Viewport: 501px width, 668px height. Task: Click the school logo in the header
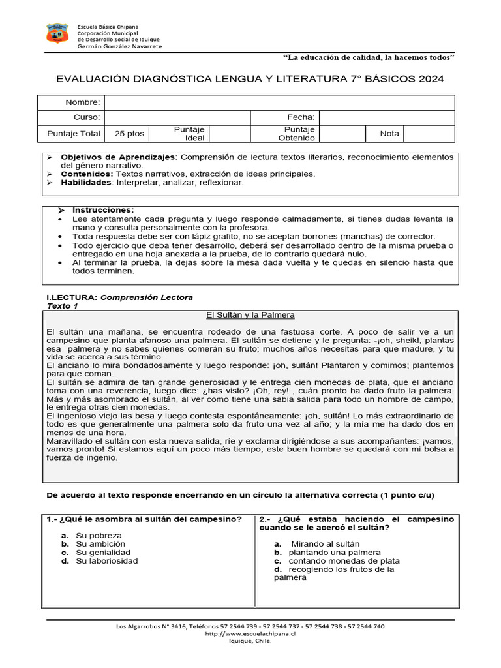point(57,34)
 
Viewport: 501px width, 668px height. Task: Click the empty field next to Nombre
point(279,102)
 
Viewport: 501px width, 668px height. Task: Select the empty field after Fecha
point(386,117)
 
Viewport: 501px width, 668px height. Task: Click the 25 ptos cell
point(129,133)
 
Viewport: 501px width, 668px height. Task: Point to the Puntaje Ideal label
point(189,133)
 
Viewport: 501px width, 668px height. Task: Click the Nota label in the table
point(389,133)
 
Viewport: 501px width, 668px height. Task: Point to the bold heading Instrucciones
point(103,210)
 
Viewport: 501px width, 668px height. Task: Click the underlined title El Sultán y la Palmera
point(250,315)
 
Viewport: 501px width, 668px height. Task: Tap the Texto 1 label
point(63,305)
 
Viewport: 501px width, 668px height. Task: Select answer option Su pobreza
point(99,536)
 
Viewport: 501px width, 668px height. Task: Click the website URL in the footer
point(250,633)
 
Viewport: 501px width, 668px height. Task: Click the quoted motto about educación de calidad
point(369,58)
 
